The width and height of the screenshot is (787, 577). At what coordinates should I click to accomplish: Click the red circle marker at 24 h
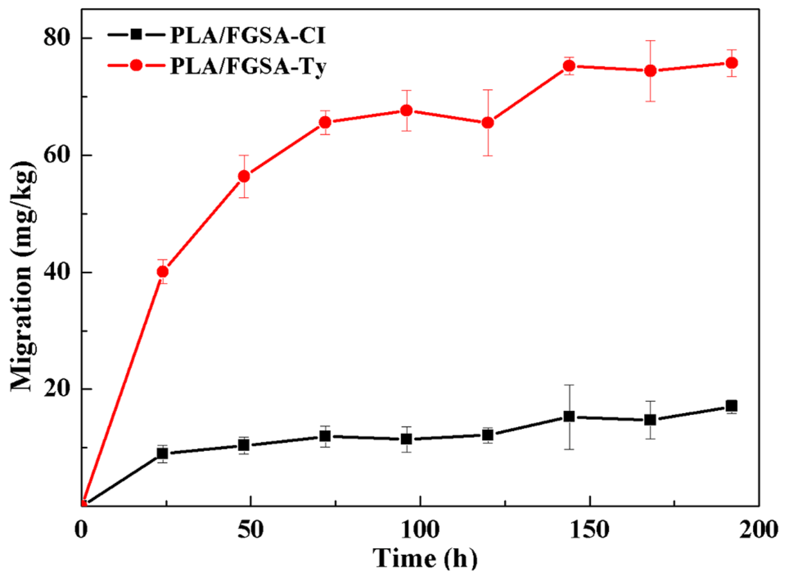[162, 271]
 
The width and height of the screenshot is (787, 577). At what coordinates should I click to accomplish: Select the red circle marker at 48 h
[244, 176]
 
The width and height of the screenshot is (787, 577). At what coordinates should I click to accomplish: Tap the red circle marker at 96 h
[406, 111]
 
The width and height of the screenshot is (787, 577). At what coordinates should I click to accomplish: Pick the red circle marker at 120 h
[488, 123]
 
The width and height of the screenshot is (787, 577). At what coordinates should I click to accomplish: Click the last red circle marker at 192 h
[732, 63]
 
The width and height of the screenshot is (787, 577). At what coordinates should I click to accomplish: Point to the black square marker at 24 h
[162, 454]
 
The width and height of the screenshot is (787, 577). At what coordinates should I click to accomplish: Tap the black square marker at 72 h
[325, 436]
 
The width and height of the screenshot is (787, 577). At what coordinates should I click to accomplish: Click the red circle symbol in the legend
[136, 65]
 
